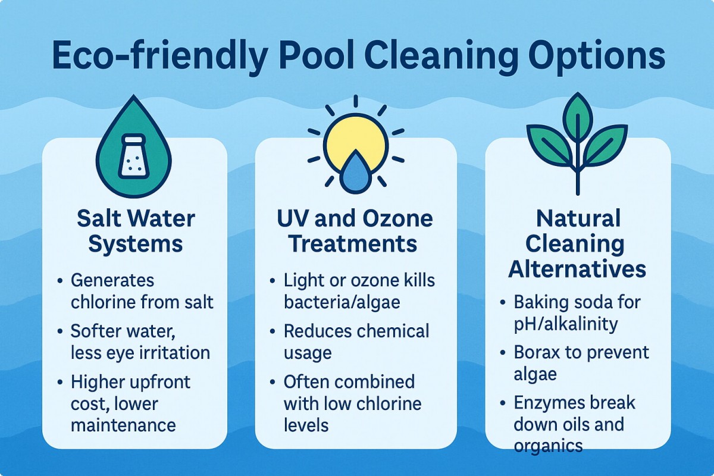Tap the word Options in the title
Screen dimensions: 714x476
597,57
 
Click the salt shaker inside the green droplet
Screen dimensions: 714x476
133,156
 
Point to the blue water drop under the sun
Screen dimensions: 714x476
355,173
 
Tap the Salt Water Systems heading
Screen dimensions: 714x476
136,231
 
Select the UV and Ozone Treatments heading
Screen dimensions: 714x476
355,231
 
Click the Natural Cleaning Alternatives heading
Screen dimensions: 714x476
577,243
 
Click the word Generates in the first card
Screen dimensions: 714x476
112,281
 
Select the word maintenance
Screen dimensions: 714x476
123,425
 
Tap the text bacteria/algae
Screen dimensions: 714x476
342,302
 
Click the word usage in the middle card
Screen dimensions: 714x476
308,353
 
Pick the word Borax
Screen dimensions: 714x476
537,352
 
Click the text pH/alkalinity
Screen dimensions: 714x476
566,324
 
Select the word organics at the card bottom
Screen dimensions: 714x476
548,446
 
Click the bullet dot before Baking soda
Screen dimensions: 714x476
503,302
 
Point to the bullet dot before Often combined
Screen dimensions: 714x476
273,381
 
